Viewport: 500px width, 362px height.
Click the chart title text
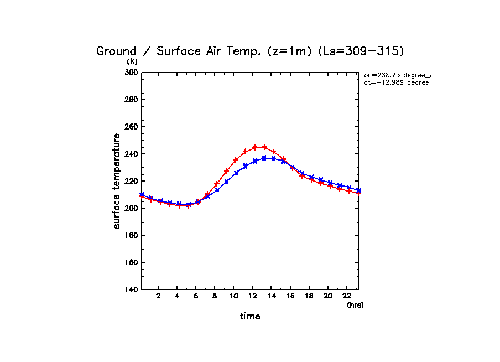[250, 51]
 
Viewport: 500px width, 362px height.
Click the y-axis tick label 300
[131, 73]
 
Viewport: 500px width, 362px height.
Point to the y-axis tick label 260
[131, 127]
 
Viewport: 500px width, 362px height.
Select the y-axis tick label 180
[131, 235]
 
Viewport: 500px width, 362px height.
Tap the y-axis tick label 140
[131, 289]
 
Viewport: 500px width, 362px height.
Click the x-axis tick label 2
[158, 296]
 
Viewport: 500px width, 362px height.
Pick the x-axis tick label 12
[252, 296]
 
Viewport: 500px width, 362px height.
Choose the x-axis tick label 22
[346, 296]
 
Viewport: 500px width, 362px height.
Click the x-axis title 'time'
[250, 316]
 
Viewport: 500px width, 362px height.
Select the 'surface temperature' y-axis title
[117, 181]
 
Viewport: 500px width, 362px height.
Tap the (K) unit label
[132, 61]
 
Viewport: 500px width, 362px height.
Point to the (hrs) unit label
[355, 305]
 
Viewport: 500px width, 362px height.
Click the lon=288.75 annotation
[396, 75]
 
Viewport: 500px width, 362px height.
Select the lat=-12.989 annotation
[396, 82]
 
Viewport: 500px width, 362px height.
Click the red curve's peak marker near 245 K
[255, 147]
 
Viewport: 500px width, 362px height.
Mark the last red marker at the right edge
[358, 193]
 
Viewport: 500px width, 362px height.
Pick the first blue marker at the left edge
[142, 195]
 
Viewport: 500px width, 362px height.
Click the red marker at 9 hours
[226, 171]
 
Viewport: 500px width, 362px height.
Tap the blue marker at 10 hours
[236, 173]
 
